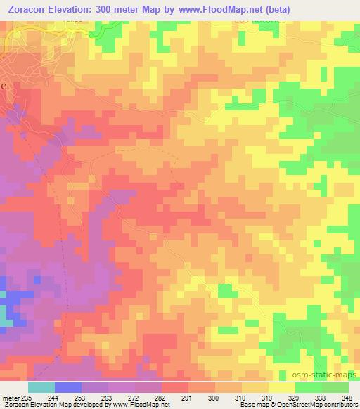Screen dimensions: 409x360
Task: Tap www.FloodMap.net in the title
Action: (x=222, y=8)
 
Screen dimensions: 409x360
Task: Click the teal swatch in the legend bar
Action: (x=41, y=387)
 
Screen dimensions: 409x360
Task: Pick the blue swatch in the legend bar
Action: (x=67, y=387)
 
